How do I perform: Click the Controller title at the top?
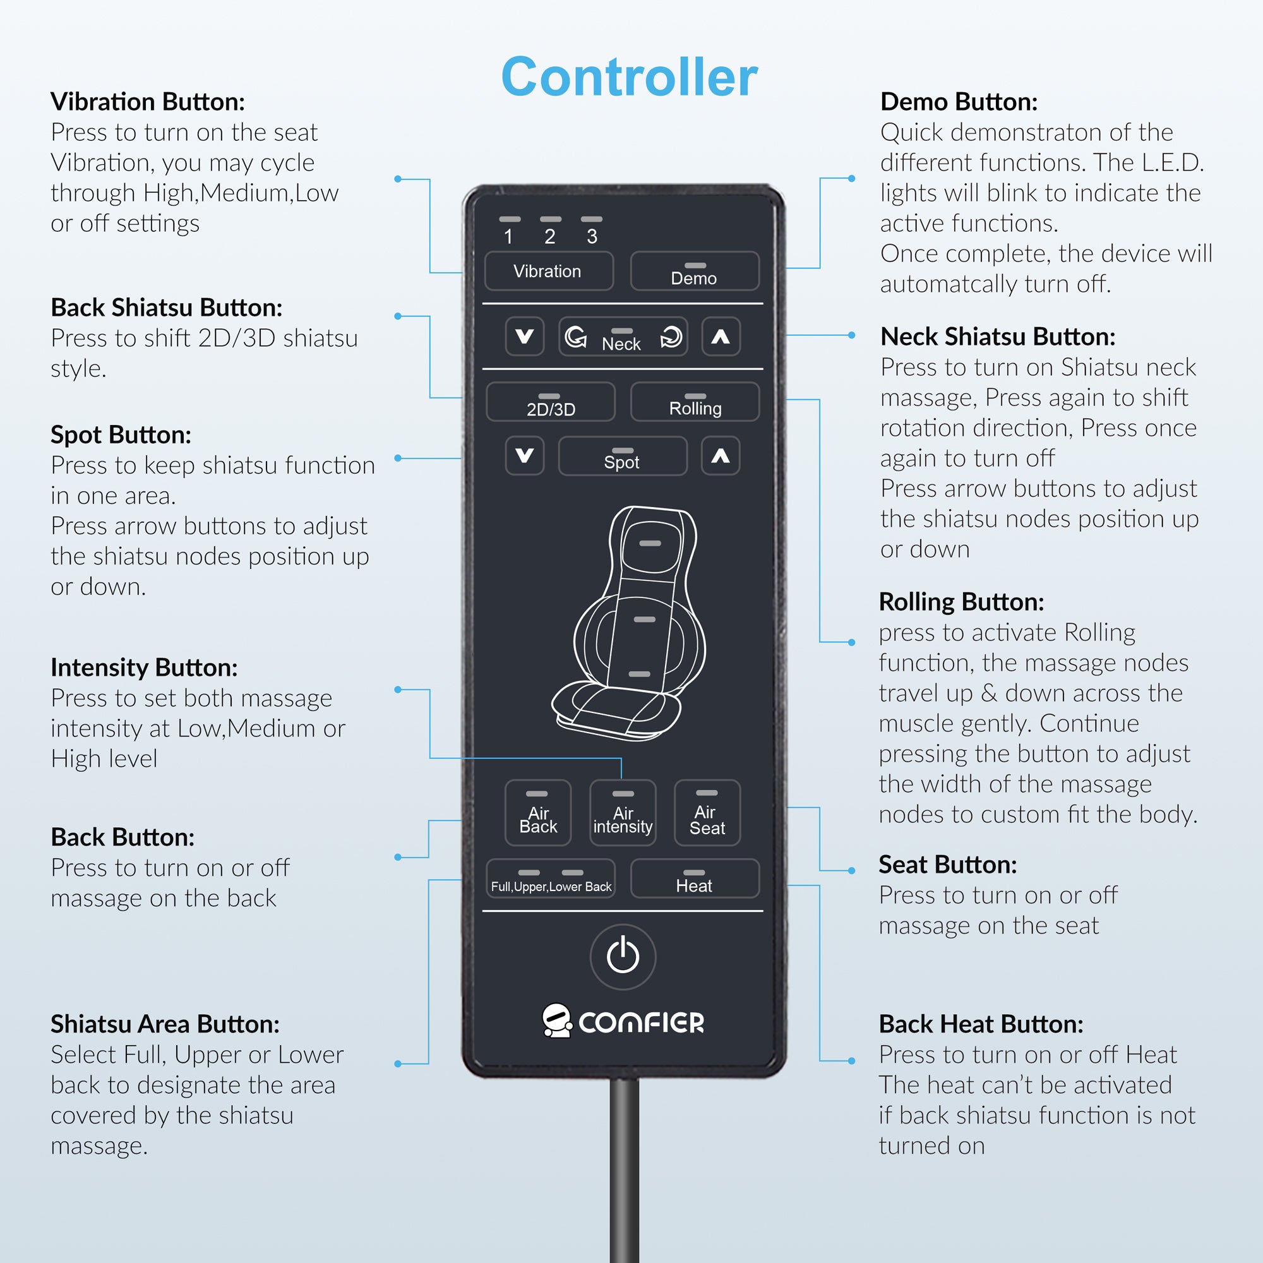(x=629, y=77)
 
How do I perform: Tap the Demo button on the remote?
(x=694, y=272)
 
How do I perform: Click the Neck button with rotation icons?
(x=623, y=337)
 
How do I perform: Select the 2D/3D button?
(x=551, y=402)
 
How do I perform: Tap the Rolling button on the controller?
(x=694, y=402)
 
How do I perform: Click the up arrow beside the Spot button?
(x=721, y=456)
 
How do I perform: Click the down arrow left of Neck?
(x=524, y=337)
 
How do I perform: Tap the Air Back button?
(x=537, y=813)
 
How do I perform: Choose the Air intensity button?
(x=623, y=813)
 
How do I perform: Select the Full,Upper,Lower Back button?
(x=551, y=878)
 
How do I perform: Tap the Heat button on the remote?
(x=694, y=878)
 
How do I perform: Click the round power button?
(x=623, y=956)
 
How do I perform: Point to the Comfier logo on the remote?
(x=623, y=1021)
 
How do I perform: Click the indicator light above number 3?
(x=591, y=219)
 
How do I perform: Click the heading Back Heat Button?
(x=981, y=1024)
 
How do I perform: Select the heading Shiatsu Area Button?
(x=165, y=1024)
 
